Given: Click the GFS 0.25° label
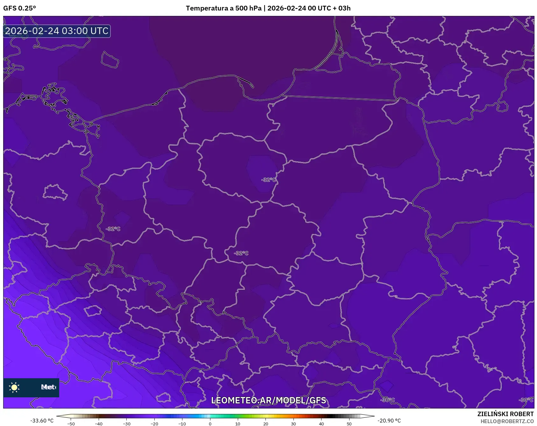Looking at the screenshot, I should pos(19,8).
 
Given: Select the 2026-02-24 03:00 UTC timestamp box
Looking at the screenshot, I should pos(57,31).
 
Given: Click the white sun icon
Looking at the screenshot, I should pos(14,387).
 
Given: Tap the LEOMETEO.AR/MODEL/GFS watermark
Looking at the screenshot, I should pos(268,400).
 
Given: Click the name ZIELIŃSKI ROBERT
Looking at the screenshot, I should pos(505,414).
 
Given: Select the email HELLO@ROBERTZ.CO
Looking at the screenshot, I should pos(507,421).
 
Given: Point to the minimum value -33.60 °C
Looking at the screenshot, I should pos(42,421).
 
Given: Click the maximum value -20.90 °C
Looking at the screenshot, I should pos(389,421).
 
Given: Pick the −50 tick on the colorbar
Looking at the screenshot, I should pos(71,423).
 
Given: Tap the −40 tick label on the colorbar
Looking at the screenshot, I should pos(99,423).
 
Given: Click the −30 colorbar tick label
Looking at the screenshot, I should pos(127,423).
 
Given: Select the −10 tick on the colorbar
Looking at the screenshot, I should pos(182,423).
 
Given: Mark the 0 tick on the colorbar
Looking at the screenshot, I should pos(210,423).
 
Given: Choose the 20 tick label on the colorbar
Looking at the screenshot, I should pos(265,423).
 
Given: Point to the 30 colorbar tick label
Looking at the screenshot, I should pos(293,423).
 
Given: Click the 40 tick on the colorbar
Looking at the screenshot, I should pos(321,423).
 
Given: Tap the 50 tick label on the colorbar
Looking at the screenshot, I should pos(349,423).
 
